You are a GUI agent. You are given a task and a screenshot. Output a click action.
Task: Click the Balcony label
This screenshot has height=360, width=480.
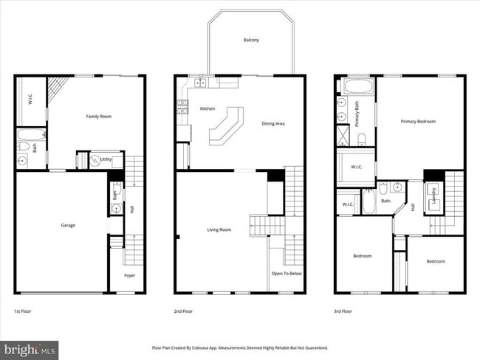pos(251,40)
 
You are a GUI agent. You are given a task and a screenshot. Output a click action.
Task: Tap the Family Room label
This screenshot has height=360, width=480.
pos(98,117)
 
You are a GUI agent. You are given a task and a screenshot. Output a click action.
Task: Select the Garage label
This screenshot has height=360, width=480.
pos(68,225)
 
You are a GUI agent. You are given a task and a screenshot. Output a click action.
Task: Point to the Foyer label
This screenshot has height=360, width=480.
pos(129,276)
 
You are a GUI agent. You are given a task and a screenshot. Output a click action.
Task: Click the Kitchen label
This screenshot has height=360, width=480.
pos(208,109)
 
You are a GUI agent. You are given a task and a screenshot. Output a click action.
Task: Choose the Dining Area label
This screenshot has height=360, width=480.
pos(272,124)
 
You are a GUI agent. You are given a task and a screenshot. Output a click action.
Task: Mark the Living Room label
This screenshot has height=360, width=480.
pos(219,229)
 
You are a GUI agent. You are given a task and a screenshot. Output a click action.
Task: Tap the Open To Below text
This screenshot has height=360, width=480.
pos(287,273)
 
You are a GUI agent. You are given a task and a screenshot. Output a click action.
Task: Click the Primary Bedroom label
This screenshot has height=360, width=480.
pos(418,121)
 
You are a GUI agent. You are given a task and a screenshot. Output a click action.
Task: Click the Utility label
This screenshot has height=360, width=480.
pos(106,159)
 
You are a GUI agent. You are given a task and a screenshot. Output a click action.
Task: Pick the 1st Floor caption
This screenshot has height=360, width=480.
pos(23,311)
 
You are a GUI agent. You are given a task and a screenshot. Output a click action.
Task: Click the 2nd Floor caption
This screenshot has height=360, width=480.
pos(184,311)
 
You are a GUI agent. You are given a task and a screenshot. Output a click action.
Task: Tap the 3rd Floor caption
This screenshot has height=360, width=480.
pos(343,311)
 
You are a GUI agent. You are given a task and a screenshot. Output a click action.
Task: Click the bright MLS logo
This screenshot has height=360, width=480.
pos(30,349)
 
